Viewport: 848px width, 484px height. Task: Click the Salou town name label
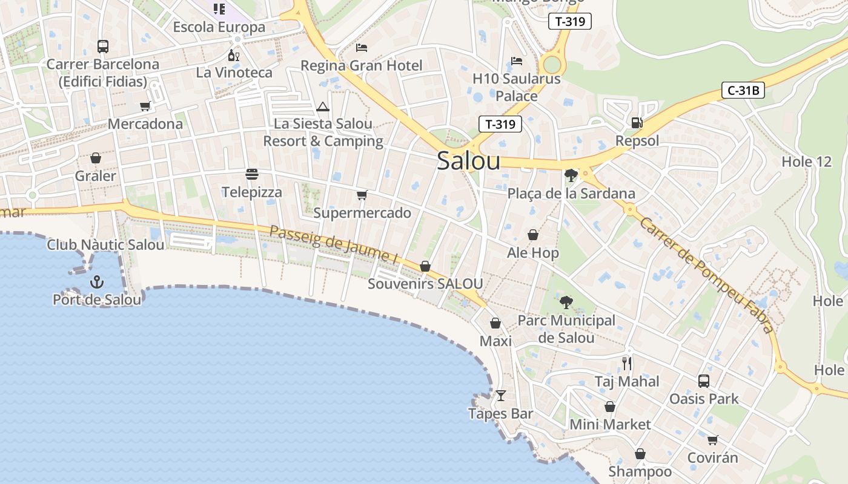pos(468,161)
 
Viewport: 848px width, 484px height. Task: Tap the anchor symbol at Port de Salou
pos(96,281)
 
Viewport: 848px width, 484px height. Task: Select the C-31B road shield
pos(743,91)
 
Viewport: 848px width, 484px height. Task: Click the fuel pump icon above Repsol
pos(637,123)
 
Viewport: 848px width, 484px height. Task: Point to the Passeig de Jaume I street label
pos(334,245)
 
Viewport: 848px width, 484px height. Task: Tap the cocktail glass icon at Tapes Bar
pos(500,396)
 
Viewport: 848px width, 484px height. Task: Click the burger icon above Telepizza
pos(252,174)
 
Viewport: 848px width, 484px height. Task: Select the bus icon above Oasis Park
pos(703,381)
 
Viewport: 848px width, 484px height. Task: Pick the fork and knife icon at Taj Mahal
pos(627,364)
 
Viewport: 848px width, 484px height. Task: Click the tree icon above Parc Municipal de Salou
pos(566,302)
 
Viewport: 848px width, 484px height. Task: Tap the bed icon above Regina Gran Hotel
pos(362,47)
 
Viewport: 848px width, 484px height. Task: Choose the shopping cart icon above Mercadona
pos(145,106)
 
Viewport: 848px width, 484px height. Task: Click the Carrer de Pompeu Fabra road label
pos(706,275)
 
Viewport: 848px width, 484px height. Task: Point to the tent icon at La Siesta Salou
pos(323,107)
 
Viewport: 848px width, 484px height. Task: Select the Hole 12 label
pos(806,162)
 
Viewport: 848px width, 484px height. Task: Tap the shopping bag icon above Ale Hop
pos(533,235)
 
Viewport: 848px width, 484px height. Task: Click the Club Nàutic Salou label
pos(105,245)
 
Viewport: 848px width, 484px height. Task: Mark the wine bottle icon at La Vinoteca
pos(233,55)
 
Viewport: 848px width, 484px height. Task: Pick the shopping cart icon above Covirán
pos(713,440)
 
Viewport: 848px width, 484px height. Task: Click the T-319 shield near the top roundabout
pos(569,22)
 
